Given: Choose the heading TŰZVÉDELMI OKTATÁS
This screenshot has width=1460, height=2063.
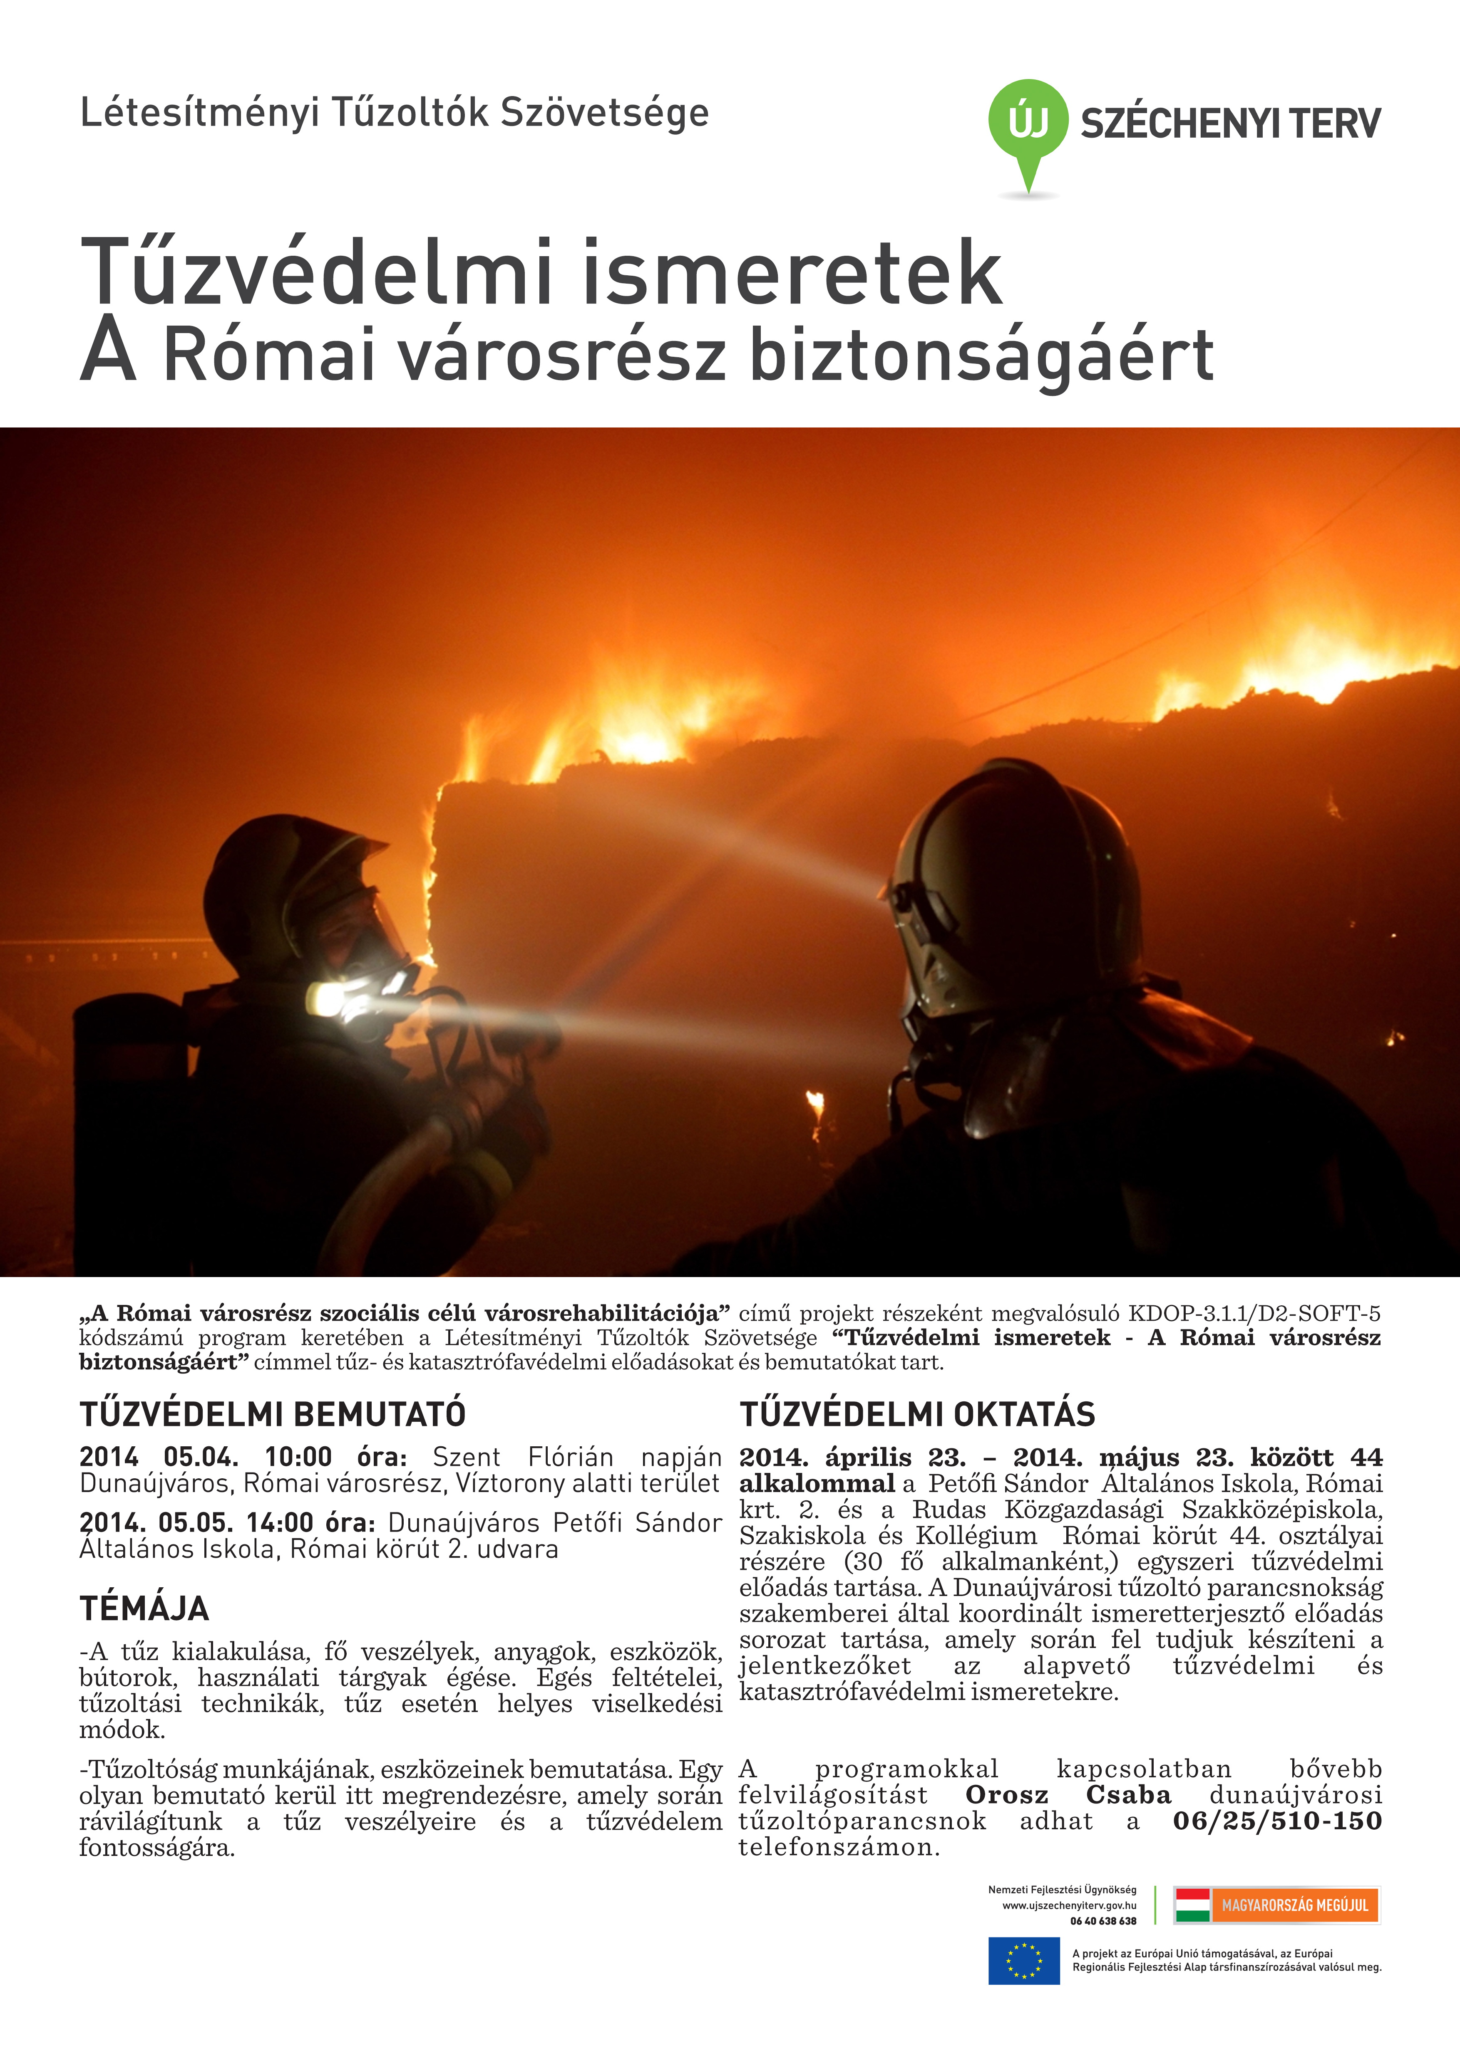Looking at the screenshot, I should (x=917, y=1414).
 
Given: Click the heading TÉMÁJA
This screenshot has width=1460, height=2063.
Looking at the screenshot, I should (x=144, y=1608).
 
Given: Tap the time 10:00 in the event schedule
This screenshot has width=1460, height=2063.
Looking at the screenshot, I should (x=298, y=1458).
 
